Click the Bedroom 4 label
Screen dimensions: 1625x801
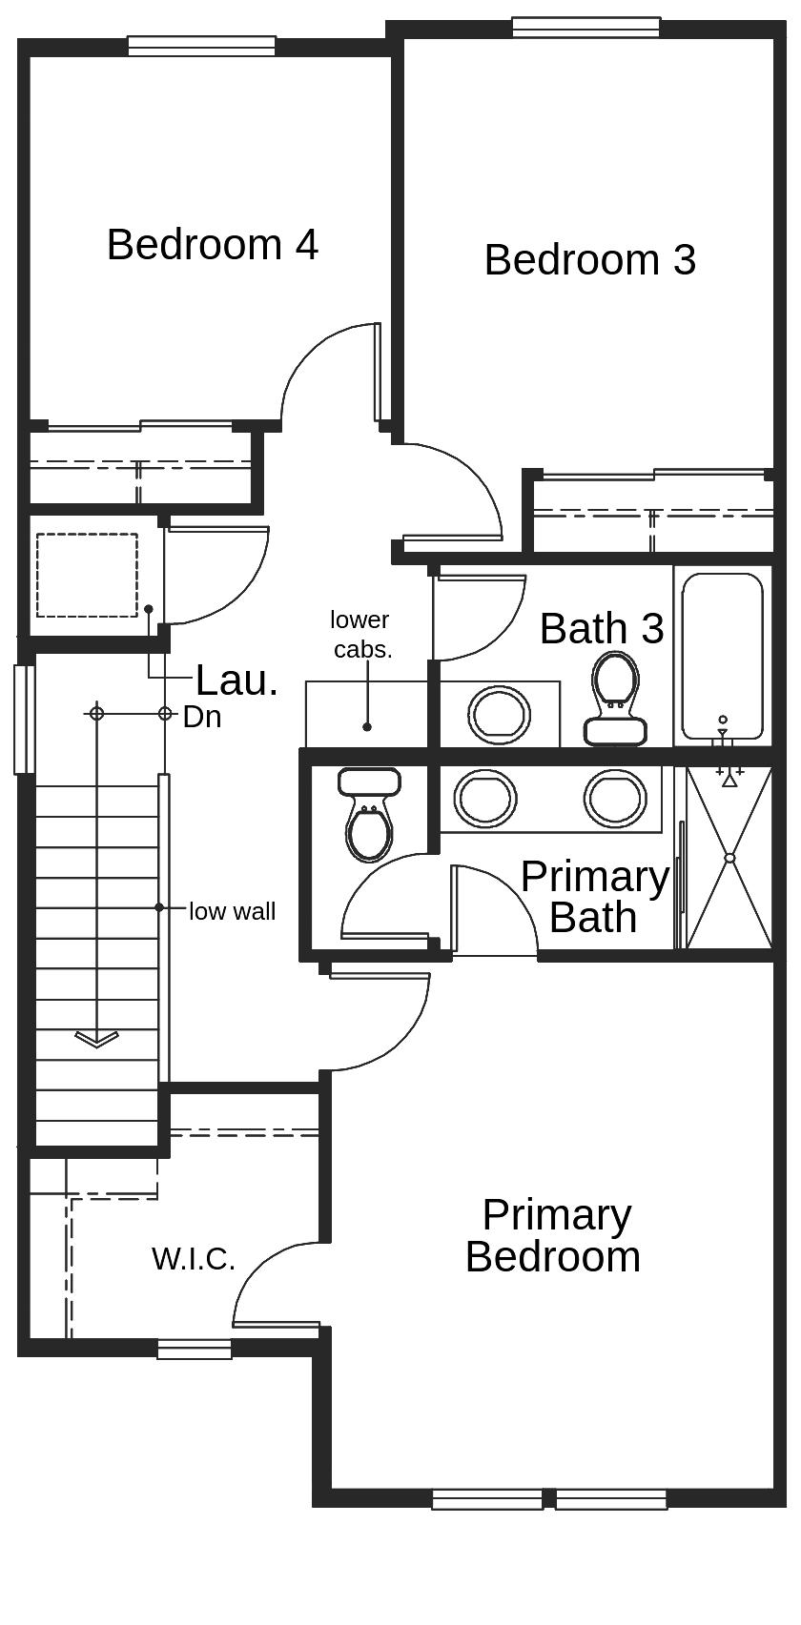click(x=212, y=245)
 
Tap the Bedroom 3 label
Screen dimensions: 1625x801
click(x=589, y=260)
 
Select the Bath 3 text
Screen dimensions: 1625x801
click(x=601, y=629)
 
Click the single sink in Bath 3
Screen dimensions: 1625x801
click(x=498, y=714)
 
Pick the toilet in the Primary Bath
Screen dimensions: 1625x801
click(x=369, y=816)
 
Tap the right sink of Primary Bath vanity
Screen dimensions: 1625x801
click(x=615, y=799)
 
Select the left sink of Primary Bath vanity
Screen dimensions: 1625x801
click(x=484, y=799)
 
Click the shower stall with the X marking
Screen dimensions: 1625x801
click(x=729, y=858)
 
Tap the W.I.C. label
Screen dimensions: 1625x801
click(x=193, y=1259)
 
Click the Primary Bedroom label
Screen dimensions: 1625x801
click(x=553, y=1236)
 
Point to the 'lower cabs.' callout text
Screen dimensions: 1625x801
click(x=360, y=635)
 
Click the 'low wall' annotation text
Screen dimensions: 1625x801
click(x=232, y=912)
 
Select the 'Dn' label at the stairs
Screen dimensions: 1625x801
click(x=202, y=718)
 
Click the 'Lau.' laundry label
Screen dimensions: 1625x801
click(x=236, y=681)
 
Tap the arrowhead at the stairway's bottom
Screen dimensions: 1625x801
click(x=96, y=1039)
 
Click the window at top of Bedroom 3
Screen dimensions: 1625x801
click(x=585, y=27)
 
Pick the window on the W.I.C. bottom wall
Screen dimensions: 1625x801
click(x=195, y=1350)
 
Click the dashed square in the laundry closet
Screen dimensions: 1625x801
click(x=87, y=575)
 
